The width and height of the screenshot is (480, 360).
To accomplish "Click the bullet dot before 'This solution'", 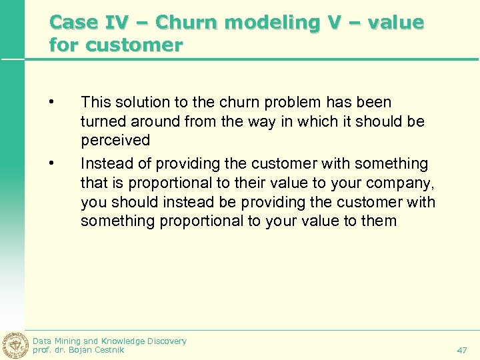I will [51, 103].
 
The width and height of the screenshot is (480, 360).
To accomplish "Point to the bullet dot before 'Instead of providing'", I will [51, 163].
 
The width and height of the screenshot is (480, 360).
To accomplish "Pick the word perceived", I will [115, 141].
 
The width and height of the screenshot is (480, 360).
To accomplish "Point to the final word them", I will [378, 221].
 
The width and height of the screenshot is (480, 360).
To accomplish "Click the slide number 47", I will [462, 349].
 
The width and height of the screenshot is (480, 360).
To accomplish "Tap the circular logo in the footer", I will [15, 344].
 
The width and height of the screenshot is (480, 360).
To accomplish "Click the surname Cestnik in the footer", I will [106, 350].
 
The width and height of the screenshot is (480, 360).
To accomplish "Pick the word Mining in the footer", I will [69, 341].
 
